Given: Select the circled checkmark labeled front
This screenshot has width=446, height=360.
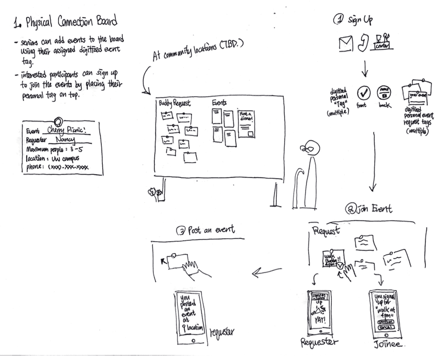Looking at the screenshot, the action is (364, 93).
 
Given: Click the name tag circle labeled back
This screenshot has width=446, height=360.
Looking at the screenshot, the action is (383, 93).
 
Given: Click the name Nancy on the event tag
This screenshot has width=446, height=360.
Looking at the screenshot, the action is (66, 140).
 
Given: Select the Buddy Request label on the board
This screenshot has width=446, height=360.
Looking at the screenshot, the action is (174, 103).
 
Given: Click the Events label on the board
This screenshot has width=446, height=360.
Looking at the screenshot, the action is (219, 103).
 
